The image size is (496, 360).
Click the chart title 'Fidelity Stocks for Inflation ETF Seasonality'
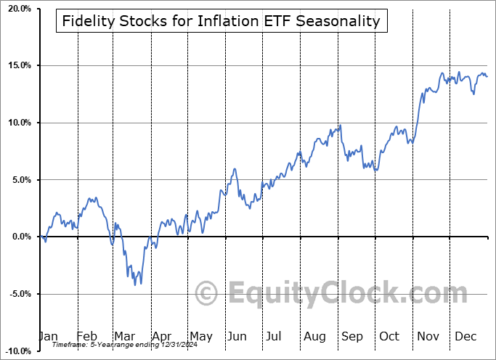pos(221,21)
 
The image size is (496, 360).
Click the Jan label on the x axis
pos(48,336)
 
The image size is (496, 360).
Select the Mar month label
pos(125,336)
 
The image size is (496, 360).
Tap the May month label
pos(200,336)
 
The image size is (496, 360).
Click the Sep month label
pos(352,336)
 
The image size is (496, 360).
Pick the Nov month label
pos(428,336)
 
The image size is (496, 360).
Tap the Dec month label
pos(465,336)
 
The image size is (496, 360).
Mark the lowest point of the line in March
pos(134,284)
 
